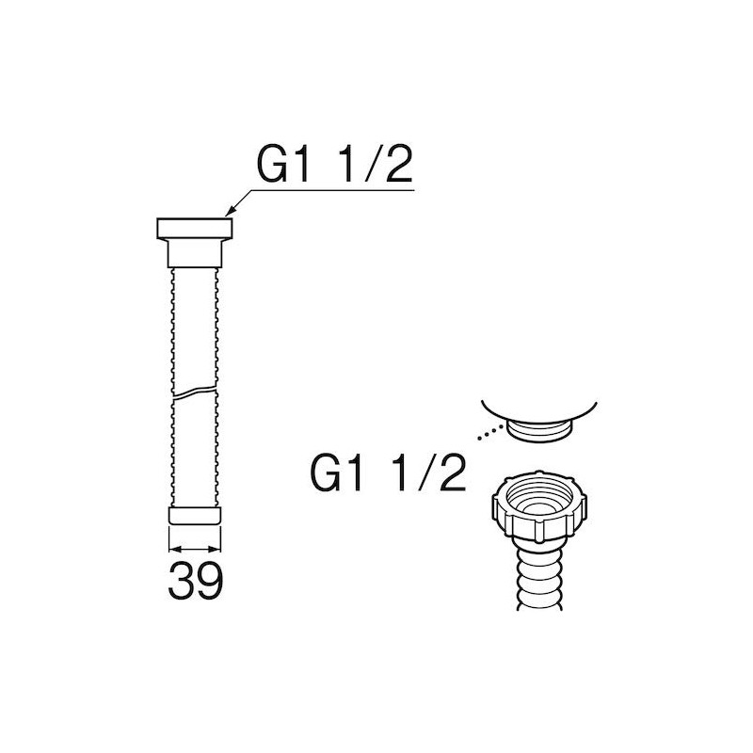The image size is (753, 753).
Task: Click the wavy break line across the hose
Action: [x=195, y=392]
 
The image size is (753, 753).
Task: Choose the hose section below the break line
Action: [x=195, y=452]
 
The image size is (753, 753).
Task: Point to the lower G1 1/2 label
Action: [x=388, y=473]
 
